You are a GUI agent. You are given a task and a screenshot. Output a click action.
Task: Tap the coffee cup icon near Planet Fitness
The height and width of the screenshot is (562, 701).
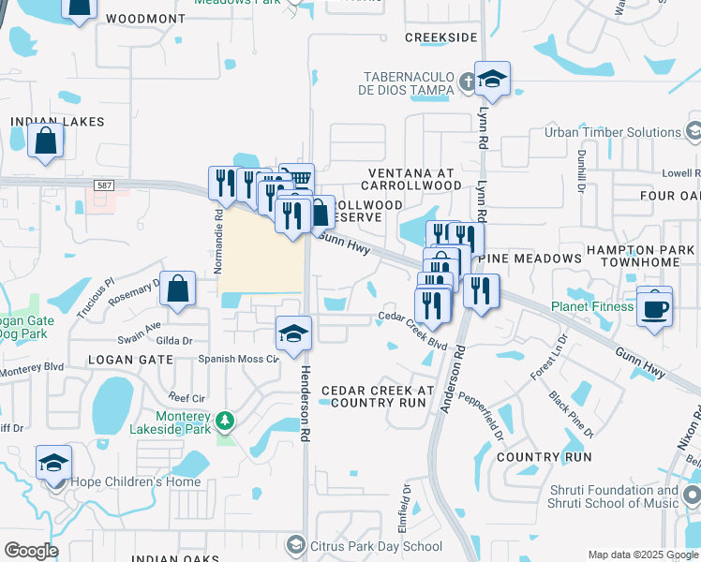coord(654,307)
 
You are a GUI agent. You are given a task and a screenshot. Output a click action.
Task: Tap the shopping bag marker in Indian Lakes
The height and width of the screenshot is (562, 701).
coord(46,143)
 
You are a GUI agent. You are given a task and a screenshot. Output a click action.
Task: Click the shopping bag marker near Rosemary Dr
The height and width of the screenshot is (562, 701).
coord(177,290)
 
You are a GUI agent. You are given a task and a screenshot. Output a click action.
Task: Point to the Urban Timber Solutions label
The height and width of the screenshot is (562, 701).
coord(613,132)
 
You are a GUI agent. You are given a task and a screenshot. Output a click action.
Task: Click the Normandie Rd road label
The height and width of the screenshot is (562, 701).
coord(217,240)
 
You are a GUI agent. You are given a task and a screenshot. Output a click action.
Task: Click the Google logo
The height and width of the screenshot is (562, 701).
coord(31,551)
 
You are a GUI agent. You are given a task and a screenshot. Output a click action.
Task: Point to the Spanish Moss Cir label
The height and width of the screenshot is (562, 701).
coord(238,359)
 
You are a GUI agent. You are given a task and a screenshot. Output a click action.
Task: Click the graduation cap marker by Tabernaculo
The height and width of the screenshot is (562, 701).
coord(491,80)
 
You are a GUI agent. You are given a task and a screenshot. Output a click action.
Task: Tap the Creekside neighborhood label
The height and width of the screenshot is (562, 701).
coord(440,37)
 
